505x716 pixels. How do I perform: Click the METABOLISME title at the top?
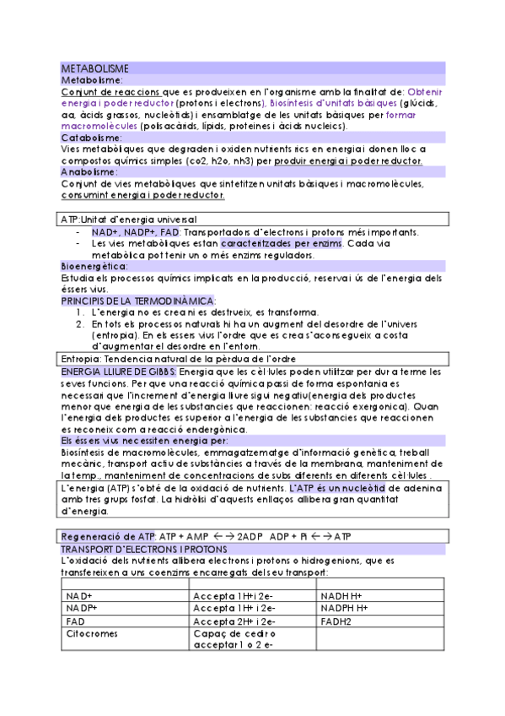(x=94, y=67)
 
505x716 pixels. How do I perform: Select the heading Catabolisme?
(x=92, y=137)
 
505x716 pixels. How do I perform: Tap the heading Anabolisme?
(x=89, y=171)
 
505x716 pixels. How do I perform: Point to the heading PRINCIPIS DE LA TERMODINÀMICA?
(x=138, y=301)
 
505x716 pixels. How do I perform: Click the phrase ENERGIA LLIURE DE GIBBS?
(x=119, y=371)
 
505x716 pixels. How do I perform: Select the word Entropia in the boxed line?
(x=81, y=359)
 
